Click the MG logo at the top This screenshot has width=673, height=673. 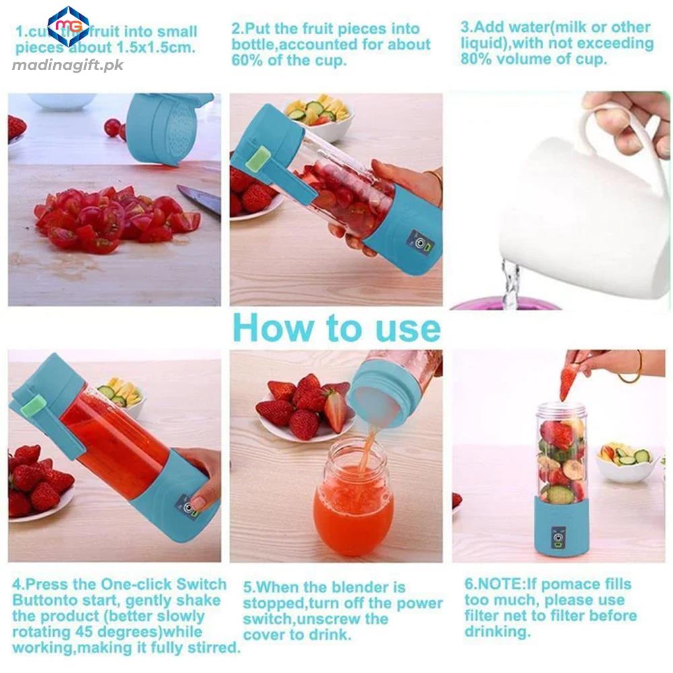point(68,26)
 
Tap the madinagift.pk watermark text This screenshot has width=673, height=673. point(68,65)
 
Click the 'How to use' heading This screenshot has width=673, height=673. point(336,328)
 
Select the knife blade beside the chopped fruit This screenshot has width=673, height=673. point(199,200)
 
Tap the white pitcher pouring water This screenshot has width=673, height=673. point(572,215)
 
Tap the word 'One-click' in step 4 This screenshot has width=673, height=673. point(137,584)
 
